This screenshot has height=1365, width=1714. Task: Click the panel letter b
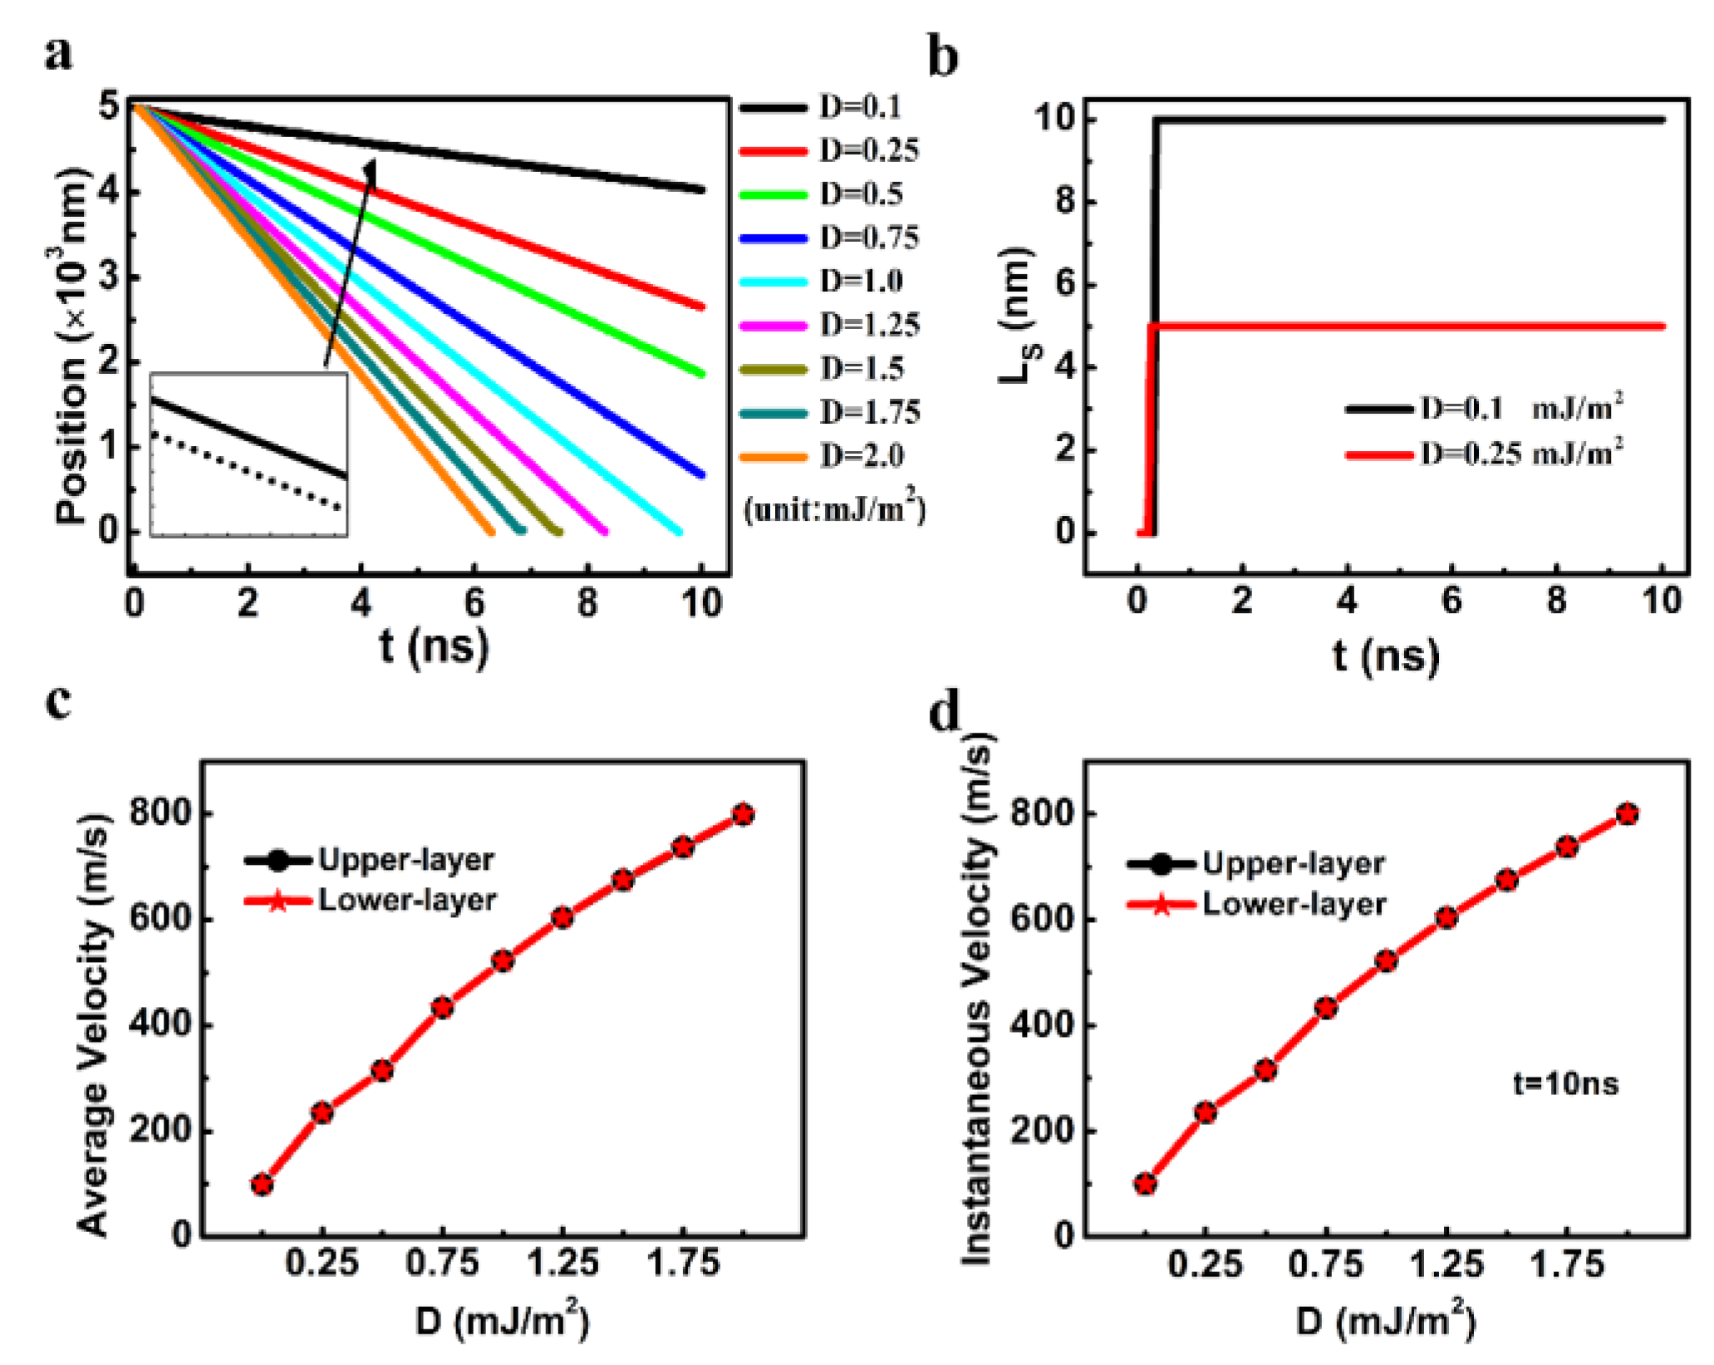[942, 58]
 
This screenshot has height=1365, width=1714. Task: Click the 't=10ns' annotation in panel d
[1565, 1083]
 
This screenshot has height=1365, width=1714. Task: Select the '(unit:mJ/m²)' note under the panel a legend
[834, 508]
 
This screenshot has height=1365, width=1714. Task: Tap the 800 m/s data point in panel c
[743, 814]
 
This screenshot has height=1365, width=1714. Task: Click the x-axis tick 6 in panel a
[474, 602]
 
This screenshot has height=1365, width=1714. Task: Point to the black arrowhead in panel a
[371, 169]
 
